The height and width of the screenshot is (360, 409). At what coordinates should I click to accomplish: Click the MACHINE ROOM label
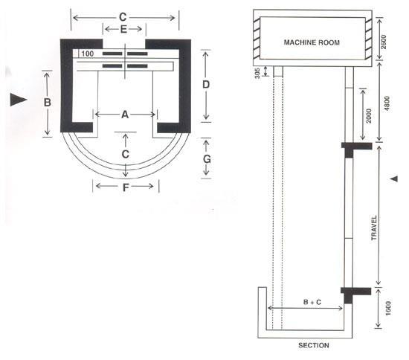click(x=312, y=42)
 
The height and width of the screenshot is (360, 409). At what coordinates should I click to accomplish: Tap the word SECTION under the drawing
click(x=314, y=345)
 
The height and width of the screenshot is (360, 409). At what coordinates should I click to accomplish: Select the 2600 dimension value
click(x=384, y=43)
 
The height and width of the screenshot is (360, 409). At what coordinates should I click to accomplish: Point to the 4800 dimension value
click(x=387, y=103)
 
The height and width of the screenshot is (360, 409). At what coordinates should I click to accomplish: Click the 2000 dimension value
click(x=368, y=115)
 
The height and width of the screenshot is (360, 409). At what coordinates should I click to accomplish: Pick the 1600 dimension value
click(x=388, y=309)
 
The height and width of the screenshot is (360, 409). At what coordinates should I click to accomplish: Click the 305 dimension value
click(x=257, y=74)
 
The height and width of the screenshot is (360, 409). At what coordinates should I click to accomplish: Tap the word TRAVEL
click(x=374, y=228)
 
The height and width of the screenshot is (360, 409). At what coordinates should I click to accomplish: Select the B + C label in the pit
click(x=312, y=302)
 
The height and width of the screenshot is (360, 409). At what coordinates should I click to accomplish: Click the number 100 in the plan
click(x=88, y=54)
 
